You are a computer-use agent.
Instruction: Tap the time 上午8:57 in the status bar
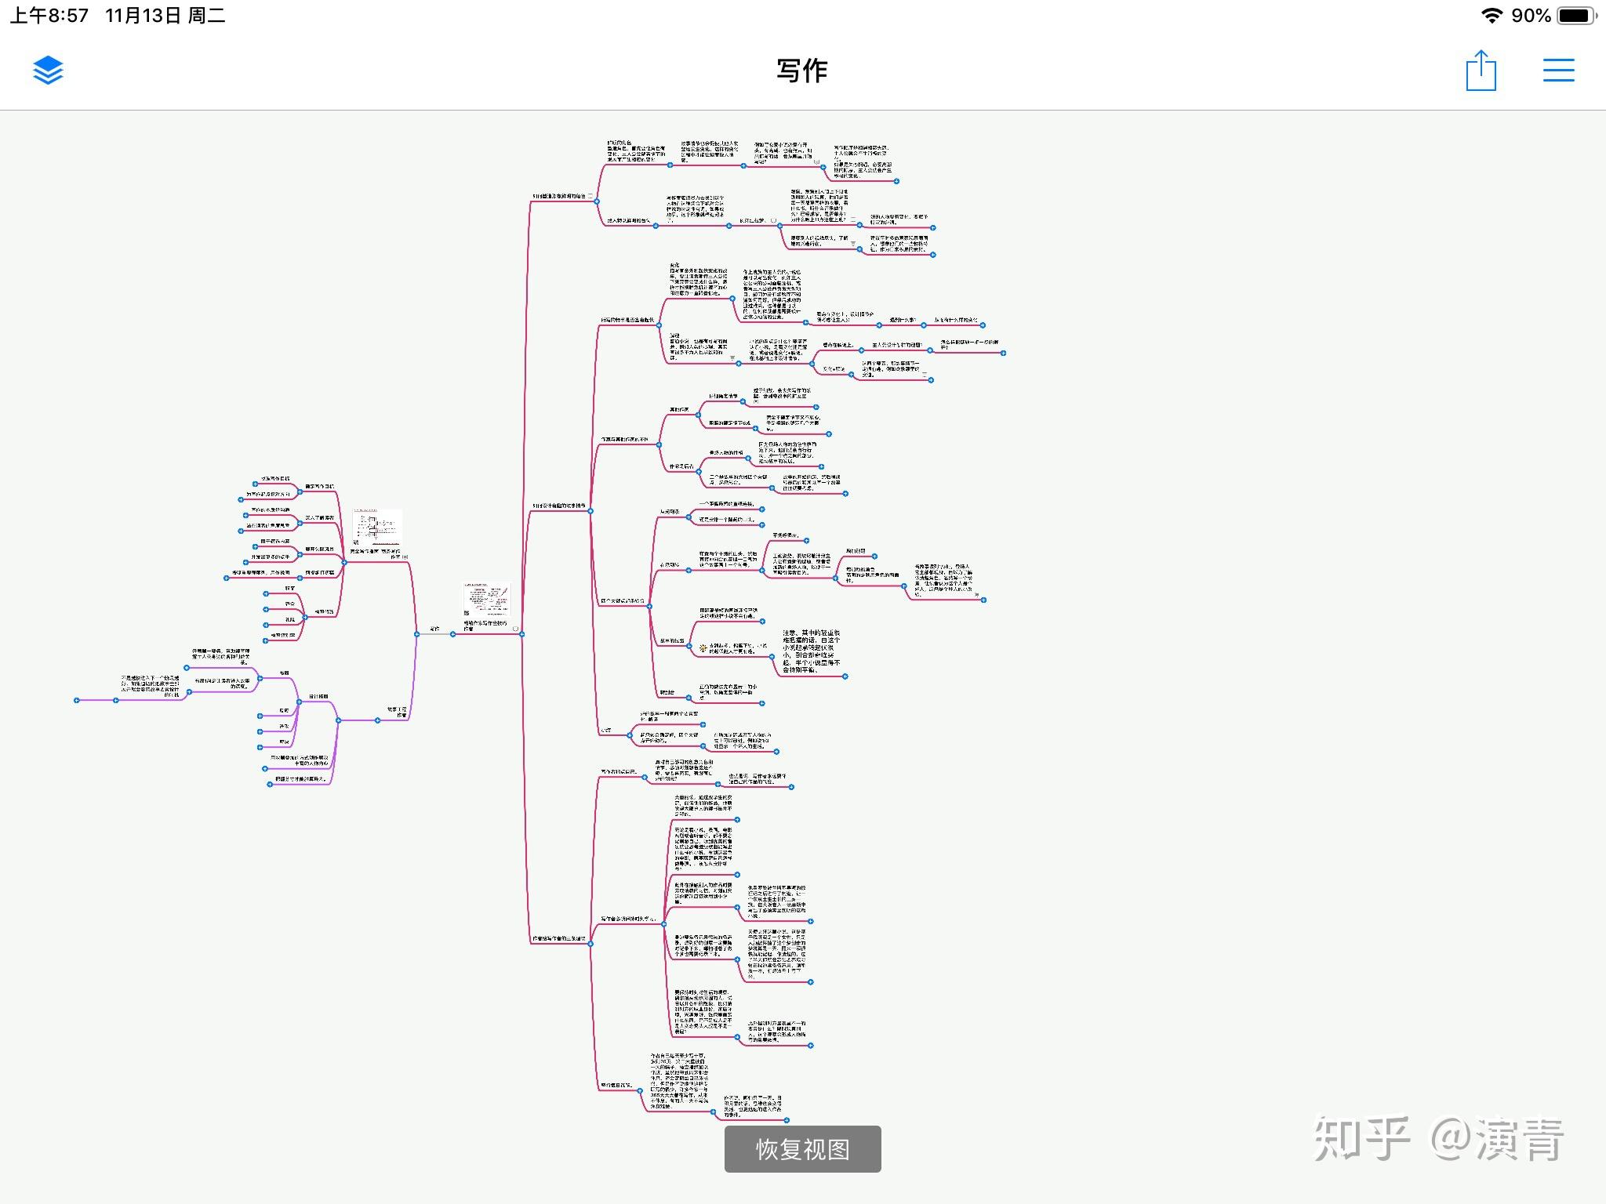click(49, 16)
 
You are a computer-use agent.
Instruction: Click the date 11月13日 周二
click(165, 16)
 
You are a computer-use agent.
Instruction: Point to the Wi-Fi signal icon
click(1491, 16)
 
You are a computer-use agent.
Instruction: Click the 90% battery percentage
click(1531, 16)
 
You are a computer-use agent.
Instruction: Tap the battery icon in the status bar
click(1575, 16)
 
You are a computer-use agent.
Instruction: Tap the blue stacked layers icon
click(48, 71)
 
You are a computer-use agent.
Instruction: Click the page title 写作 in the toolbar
click(802, 71)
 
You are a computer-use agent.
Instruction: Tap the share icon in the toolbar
click(1481, 71)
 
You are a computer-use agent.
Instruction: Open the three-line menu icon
click(1558, 71)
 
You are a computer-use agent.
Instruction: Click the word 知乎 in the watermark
click(1361, 1138)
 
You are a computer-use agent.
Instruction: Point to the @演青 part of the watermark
click(1498, 1138)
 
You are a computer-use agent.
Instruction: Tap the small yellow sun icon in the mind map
click(703, 647)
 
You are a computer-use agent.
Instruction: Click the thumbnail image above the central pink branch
click(486, 600)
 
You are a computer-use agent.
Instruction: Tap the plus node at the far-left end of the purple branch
click(77, 700)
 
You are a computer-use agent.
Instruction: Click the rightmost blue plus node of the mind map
click(1004, 353)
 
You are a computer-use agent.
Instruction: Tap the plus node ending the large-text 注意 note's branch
click(845, 676)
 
